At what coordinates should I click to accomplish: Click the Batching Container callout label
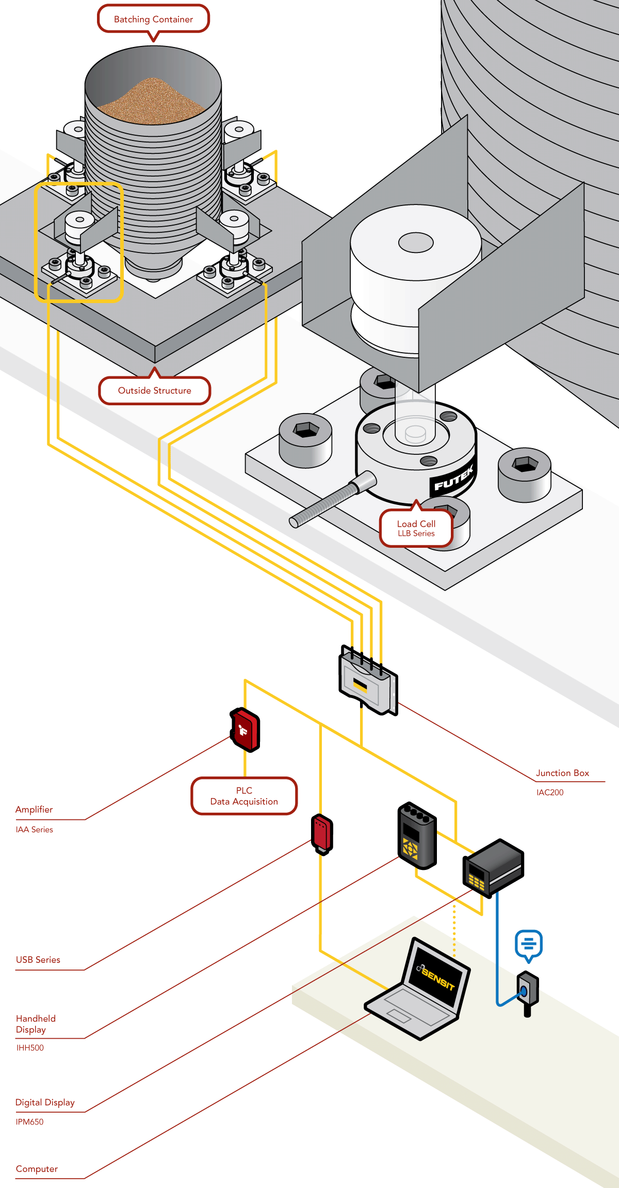pyautogui.click(x=153, y=19)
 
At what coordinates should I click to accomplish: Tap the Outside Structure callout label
pyautogui.click(x=154, y=391)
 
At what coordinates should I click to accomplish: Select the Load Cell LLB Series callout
pyautogui.click(x=416, y=528)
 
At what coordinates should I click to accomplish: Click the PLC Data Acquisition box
pyautogui.click(x=244, y=796)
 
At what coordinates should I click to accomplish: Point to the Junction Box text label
pyautogui.click(x=562, y=773)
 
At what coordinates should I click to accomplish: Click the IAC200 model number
pyautogui.click(x=550, y=793)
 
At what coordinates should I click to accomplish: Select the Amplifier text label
pyautogui.click(x=34, y=810)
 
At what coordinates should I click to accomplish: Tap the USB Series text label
pyautogui.click(x=38, y=960)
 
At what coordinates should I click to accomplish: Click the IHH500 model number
pyautogui.click(x=30, y=1048)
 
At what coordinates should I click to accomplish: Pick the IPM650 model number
pyautogui.click(x=30, y=1122)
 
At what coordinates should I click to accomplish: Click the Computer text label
pyautogui.click(x=37, y=1169)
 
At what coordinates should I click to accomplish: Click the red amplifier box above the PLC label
pyautogui.click(x=245, y=730)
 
